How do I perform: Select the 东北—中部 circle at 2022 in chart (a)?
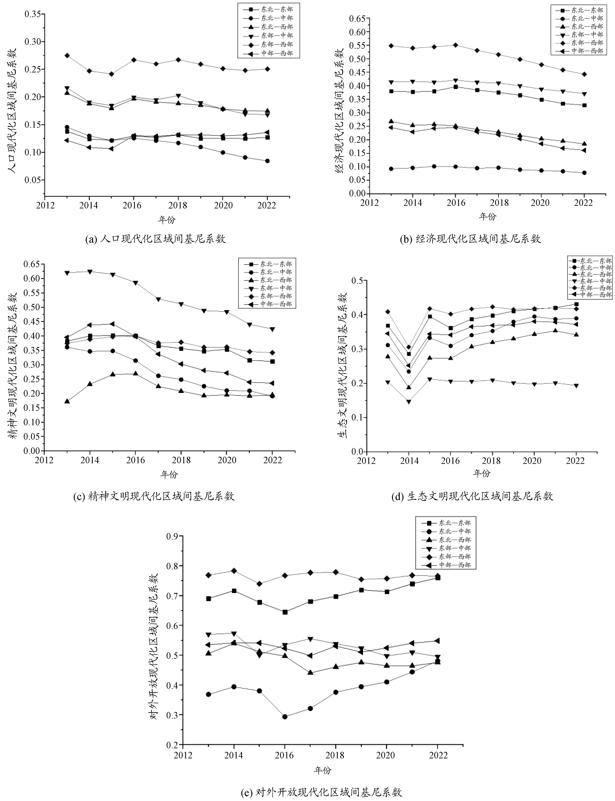pyautogui.click(x=268, y=161)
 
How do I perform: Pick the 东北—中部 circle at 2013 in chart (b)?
pyautogui.click(x=391, y=169)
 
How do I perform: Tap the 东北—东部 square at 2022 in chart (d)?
pyautogui.click(x=576, y=304)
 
